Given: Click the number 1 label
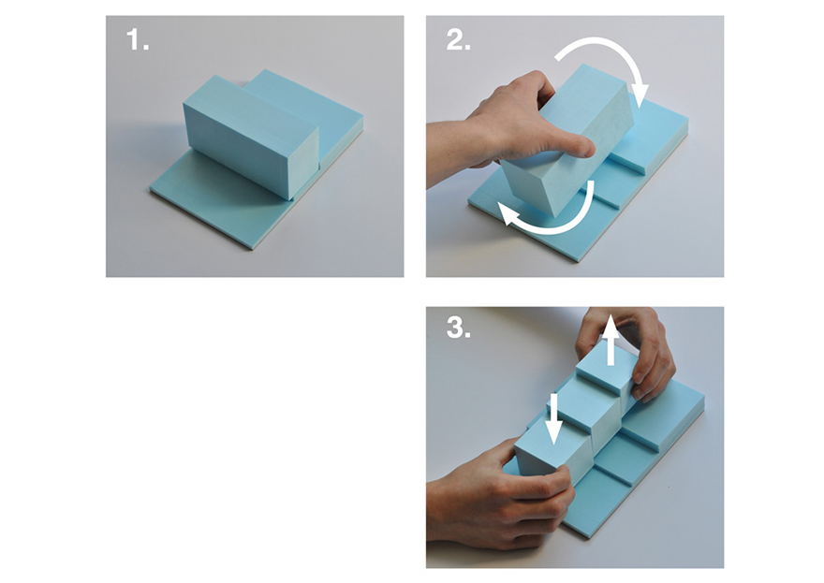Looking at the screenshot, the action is pos(137,39).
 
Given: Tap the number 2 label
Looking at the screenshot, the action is pos(458,39).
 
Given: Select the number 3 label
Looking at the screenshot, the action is pos(458,328).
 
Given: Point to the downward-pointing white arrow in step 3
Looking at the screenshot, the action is pos(553,418).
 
